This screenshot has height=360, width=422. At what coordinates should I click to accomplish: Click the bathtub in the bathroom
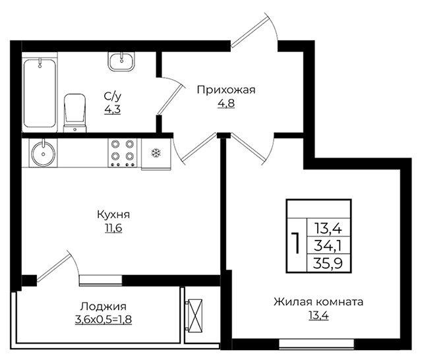[x=40, y=93]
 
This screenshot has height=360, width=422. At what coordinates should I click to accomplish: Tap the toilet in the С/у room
[x=75, y=113]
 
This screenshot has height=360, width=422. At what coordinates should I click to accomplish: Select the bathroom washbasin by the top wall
[x=121, y=61]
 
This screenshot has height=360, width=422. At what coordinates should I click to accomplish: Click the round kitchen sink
[x=43, y=154]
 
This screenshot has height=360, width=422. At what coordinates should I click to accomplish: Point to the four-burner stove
[x=123, y=152]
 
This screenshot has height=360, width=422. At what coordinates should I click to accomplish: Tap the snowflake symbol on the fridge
[x=156, y=153]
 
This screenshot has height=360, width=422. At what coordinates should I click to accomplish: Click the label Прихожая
[x=226, y=90]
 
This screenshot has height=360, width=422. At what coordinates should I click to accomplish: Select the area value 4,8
[x=226, y=104]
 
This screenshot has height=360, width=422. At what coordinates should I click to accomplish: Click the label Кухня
[x=113, y=215]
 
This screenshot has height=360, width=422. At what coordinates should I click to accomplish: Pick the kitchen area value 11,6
[x=113, y=228]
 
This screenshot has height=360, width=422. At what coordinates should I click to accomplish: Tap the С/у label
[x=113, y=96]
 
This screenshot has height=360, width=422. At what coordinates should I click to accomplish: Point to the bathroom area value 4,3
[x=113, y=109]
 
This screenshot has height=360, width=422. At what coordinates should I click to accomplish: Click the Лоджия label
[x=104, y=307]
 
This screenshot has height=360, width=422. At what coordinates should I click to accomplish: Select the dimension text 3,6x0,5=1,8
[x=104, y=320]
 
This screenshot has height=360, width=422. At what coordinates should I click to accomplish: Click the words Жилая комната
[x=318, y=301]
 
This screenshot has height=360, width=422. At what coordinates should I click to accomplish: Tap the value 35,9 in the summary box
[x=328, y=263]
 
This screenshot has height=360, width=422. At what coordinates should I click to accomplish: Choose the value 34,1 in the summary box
[x=328, y=246]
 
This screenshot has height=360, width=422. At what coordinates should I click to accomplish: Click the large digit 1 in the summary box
[x=296, y=244]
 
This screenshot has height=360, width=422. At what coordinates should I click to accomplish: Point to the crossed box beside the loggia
[x=195, y=316]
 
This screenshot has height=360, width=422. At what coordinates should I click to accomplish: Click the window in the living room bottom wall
[x=316, y=344]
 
